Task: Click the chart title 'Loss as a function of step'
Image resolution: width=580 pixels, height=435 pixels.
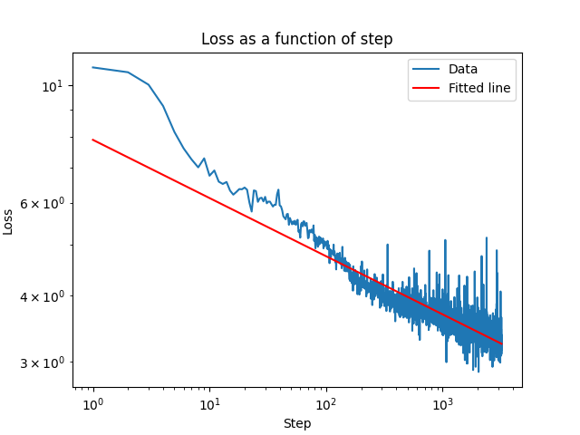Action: coord(297,40)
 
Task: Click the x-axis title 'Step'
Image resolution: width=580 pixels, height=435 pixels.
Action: coord(297,423)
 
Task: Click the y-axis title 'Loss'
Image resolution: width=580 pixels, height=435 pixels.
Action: coord(9,221)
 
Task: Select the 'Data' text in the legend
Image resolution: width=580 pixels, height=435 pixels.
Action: coord(463,69)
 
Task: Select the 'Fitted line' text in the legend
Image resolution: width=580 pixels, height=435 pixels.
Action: coord(479,89)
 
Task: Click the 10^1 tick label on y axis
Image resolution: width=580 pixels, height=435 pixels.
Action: coord(53,86)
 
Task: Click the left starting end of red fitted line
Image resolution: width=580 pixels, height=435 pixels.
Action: coord(93,140)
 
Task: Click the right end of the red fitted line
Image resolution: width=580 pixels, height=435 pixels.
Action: coord(501,343)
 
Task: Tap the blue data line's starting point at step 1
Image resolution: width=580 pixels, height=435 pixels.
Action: coord(93,67)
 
